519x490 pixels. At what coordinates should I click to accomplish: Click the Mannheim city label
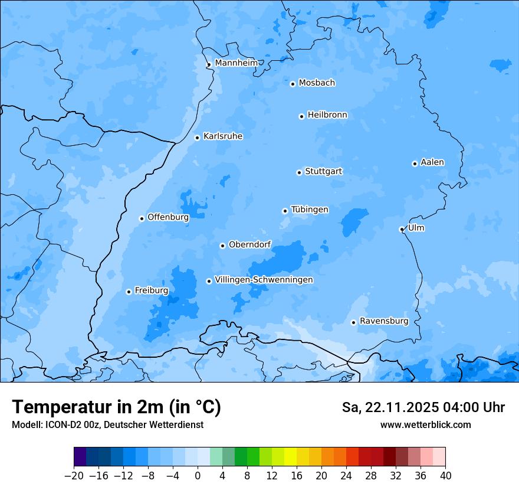[x=236, y=63]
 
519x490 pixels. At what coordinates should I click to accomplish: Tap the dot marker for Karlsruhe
[x=198, y=138]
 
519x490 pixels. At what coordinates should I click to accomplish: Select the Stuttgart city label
[x=323, y=172]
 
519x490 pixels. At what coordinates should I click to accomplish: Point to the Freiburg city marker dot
[x=129, y=292]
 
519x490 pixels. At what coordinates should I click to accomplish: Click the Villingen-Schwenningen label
[x=264, y=280]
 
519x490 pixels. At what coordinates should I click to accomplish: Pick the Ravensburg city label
[x=384, y=321]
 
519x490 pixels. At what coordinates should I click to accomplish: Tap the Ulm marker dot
[x=402, y=229]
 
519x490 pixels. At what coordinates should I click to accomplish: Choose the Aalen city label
[x=432, y=162]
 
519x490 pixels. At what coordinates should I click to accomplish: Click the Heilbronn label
[x=327, y=115]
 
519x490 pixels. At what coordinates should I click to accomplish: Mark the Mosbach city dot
[x=293, y=84]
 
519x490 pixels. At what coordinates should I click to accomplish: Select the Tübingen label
[x=310, y=210]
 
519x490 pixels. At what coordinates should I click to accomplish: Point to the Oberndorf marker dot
[x=222, y=246]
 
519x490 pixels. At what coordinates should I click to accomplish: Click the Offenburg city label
[x=168, y=217]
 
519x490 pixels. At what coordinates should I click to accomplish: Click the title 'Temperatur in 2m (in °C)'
[x=117, y=407]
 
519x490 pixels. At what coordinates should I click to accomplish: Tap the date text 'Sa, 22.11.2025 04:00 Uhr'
[x=423, y=408]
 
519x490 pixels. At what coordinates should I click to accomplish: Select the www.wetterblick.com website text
[x=425, y=425]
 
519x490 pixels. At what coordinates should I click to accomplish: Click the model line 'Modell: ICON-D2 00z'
[x=107, y=425]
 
